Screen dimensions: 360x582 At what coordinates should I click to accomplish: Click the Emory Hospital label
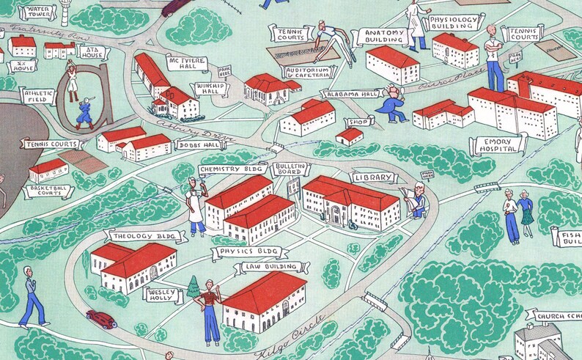(500, 144)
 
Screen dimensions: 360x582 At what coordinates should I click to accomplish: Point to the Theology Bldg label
(134, 236)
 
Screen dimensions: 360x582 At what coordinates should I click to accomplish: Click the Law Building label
(272, 268)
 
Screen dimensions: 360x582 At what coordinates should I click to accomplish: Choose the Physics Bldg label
(241, 252)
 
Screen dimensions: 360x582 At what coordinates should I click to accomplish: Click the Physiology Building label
(454, 23)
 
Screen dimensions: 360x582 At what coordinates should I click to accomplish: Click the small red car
(101, 319)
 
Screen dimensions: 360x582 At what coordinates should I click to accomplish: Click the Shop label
(358, 122)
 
